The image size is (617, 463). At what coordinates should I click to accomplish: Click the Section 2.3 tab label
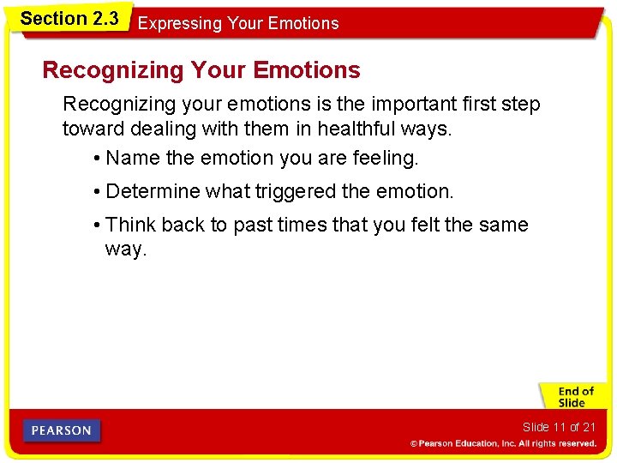click(x=69, y=18)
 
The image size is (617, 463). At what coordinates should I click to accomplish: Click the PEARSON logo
click(x=62, y=430)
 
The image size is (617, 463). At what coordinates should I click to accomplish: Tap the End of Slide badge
click(x=572, y=397)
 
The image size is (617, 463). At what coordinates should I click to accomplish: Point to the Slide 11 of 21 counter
click(x=559, y=427)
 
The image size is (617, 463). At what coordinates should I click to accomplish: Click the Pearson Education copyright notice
click(x=503, y=443)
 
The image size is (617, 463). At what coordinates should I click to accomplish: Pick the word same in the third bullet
click(x=504, y=225)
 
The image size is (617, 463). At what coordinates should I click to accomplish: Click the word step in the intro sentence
click(x=520, y=105)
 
